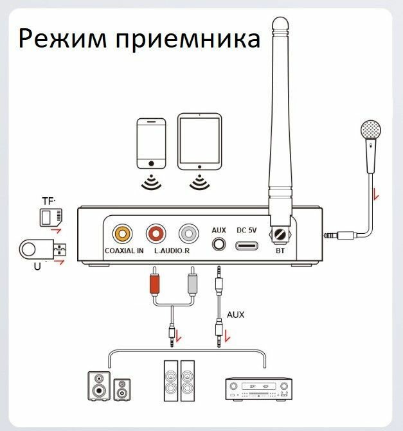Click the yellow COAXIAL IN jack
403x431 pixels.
click(x=121, y=232)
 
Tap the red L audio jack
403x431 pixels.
click(x=156, y=232)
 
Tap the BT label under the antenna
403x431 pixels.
click(x=280, y=251)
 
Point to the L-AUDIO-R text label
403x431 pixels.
click(x=172, y=251)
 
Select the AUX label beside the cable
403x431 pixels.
click(x=236, y=315)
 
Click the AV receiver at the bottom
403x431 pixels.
click(x=255, y=387)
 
